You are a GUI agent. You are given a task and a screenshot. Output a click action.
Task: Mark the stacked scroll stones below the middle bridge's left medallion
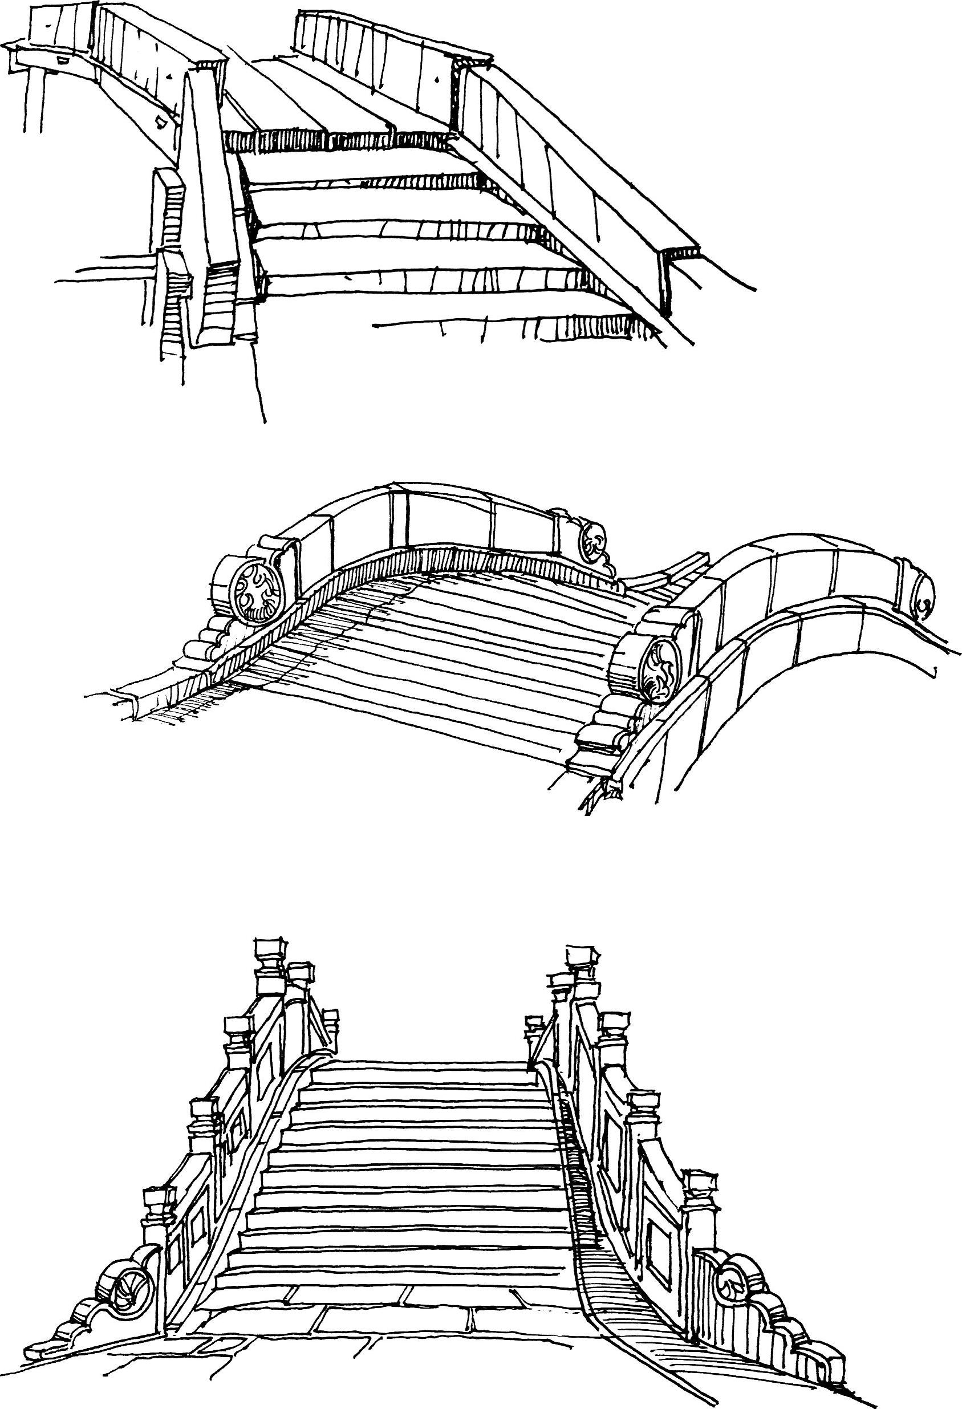[x=209, y=640]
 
